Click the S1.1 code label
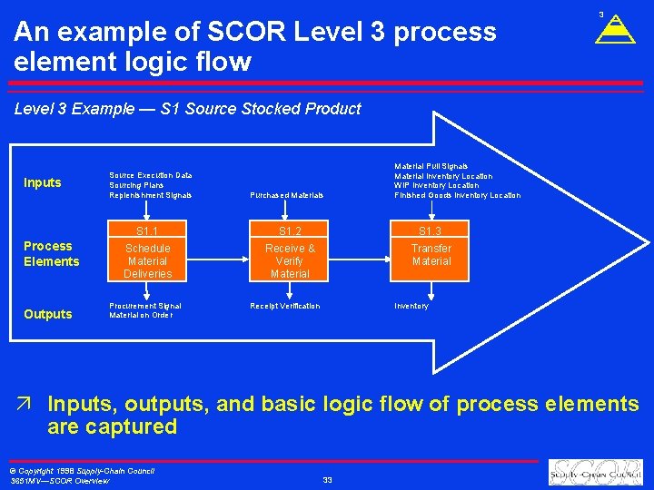[x=147, y=230]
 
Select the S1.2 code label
[x=290, y=230]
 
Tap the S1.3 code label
[x=431, y=230]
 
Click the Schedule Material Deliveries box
[x=147, y=260]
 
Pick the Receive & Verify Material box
[x=290, y=260]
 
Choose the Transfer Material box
[x=431, y=255]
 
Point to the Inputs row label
[x=43, y=182]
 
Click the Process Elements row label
[x=51, y=254]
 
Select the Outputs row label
[x=48, y=314]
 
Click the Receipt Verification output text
[x=284, y=306]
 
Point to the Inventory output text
[x=411, y=306]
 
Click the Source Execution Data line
[x=150, y=175]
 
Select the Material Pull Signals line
[x=431, y=166]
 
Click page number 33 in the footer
[x=327, y=480]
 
